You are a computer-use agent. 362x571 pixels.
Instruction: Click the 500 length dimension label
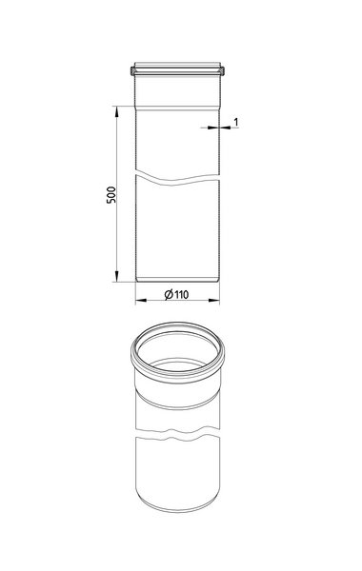(111, 195)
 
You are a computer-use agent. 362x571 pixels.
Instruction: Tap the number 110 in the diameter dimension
(181, 294)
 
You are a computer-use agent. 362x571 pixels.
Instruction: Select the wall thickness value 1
(236, 122)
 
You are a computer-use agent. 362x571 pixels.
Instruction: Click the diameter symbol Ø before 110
(169, 294)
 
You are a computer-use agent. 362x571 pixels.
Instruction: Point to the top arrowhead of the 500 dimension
(116, 111)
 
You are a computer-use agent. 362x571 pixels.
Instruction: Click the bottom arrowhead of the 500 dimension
(116, 276)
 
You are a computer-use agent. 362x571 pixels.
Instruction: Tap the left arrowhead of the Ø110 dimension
(141, 301)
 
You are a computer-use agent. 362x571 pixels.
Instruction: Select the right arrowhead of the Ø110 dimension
(214, 301)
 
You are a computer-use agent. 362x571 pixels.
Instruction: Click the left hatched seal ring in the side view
(132, 70)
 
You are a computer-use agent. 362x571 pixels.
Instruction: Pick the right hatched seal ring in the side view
(222, 70)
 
